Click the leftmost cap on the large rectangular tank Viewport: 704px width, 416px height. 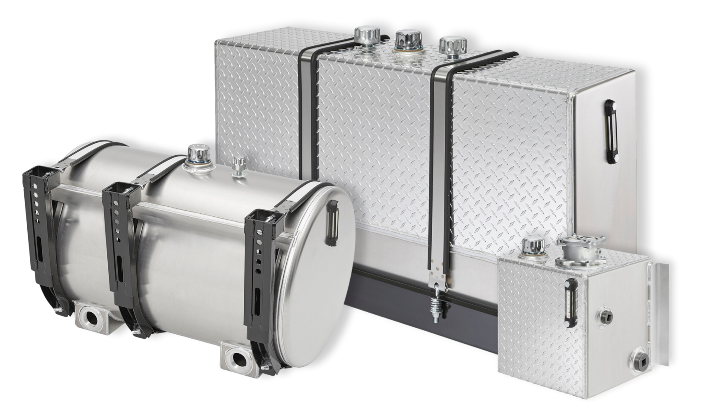(x=365, y=36)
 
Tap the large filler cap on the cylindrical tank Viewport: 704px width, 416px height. (x=195, y=154)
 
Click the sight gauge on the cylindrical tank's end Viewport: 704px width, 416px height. (x=332, y=222)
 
